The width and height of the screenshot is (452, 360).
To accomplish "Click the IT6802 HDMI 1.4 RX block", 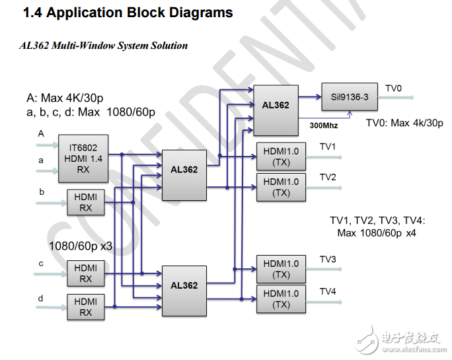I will tap(83, 159).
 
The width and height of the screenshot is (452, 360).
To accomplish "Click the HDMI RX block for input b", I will tap(85, 202).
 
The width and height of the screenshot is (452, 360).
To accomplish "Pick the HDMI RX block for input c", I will tap(85, 273).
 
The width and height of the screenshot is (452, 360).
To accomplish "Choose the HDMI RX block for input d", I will tap(85, 306).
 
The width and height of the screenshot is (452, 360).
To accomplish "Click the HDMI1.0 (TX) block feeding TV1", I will tap(281, 156).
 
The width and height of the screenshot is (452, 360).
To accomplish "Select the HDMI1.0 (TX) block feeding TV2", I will tap(281, 188).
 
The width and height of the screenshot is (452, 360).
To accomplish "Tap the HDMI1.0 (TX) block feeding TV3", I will tap(281, 269).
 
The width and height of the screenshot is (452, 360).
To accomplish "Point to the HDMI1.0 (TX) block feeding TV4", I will tap(281, 299).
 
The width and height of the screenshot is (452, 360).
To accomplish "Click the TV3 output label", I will tap(328, 259).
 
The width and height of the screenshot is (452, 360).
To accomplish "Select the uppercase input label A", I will tap(41, 133).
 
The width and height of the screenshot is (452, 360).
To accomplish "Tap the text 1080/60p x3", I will tap(81, 246).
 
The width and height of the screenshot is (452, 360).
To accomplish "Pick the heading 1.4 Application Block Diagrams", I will tap(128, 13).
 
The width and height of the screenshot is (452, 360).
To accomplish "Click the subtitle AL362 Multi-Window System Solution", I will tap(104, 46).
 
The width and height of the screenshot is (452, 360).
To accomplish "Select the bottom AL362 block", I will tap(184, 285).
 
